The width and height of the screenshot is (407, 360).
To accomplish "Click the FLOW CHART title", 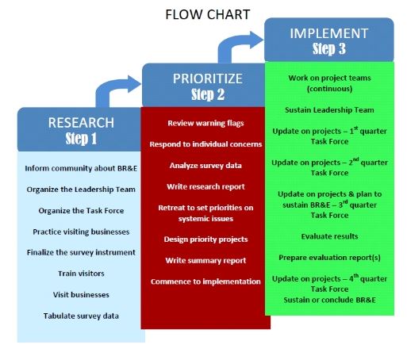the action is [208, 14].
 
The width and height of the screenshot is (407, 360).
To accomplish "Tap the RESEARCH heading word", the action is [81, 123].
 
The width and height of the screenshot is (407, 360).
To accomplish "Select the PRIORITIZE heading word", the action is [208, 79].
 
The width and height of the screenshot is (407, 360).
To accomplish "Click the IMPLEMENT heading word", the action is [329, 33].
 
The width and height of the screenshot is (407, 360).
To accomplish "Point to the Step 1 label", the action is [81, 139].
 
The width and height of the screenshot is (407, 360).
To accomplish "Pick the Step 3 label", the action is [329, 49].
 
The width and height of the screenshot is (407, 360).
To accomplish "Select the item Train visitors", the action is [81, 274].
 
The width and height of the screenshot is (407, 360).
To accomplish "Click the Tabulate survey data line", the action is [81, 316].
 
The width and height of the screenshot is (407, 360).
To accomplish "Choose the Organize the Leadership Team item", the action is [81, 190].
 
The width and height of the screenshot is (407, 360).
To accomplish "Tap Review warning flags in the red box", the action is [205, 123].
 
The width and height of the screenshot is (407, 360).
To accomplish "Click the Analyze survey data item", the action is [205, 166].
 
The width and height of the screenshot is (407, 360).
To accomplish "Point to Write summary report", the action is [205, 261].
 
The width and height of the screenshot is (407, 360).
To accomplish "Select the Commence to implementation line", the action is [205, 281].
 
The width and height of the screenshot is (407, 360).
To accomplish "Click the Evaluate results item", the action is [329, 236].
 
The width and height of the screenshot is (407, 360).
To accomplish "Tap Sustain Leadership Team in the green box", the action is [329, 110].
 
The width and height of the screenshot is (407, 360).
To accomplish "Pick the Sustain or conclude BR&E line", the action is [329, 300].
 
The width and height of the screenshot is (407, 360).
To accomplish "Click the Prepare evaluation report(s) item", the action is [329, 258].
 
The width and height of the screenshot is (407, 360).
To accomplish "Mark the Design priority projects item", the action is [205, 239].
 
